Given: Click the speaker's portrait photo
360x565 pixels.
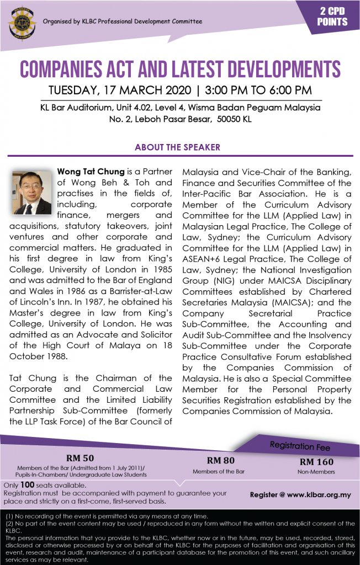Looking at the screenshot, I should click(31, 191).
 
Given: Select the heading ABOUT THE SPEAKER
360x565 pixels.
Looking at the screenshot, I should click(177, 147).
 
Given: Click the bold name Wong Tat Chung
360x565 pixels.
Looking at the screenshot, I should click(91, 172).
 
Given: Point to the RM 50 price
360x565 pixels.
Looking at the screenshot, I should click(80, 457).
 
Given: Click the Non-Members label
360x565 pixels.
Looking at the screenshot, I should click(316, 472).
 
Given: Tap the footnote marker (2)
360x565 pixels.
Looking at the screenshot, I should click(8, 523).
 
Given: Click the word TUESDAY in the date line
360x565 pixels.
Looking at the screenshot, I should click(73, 90).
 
